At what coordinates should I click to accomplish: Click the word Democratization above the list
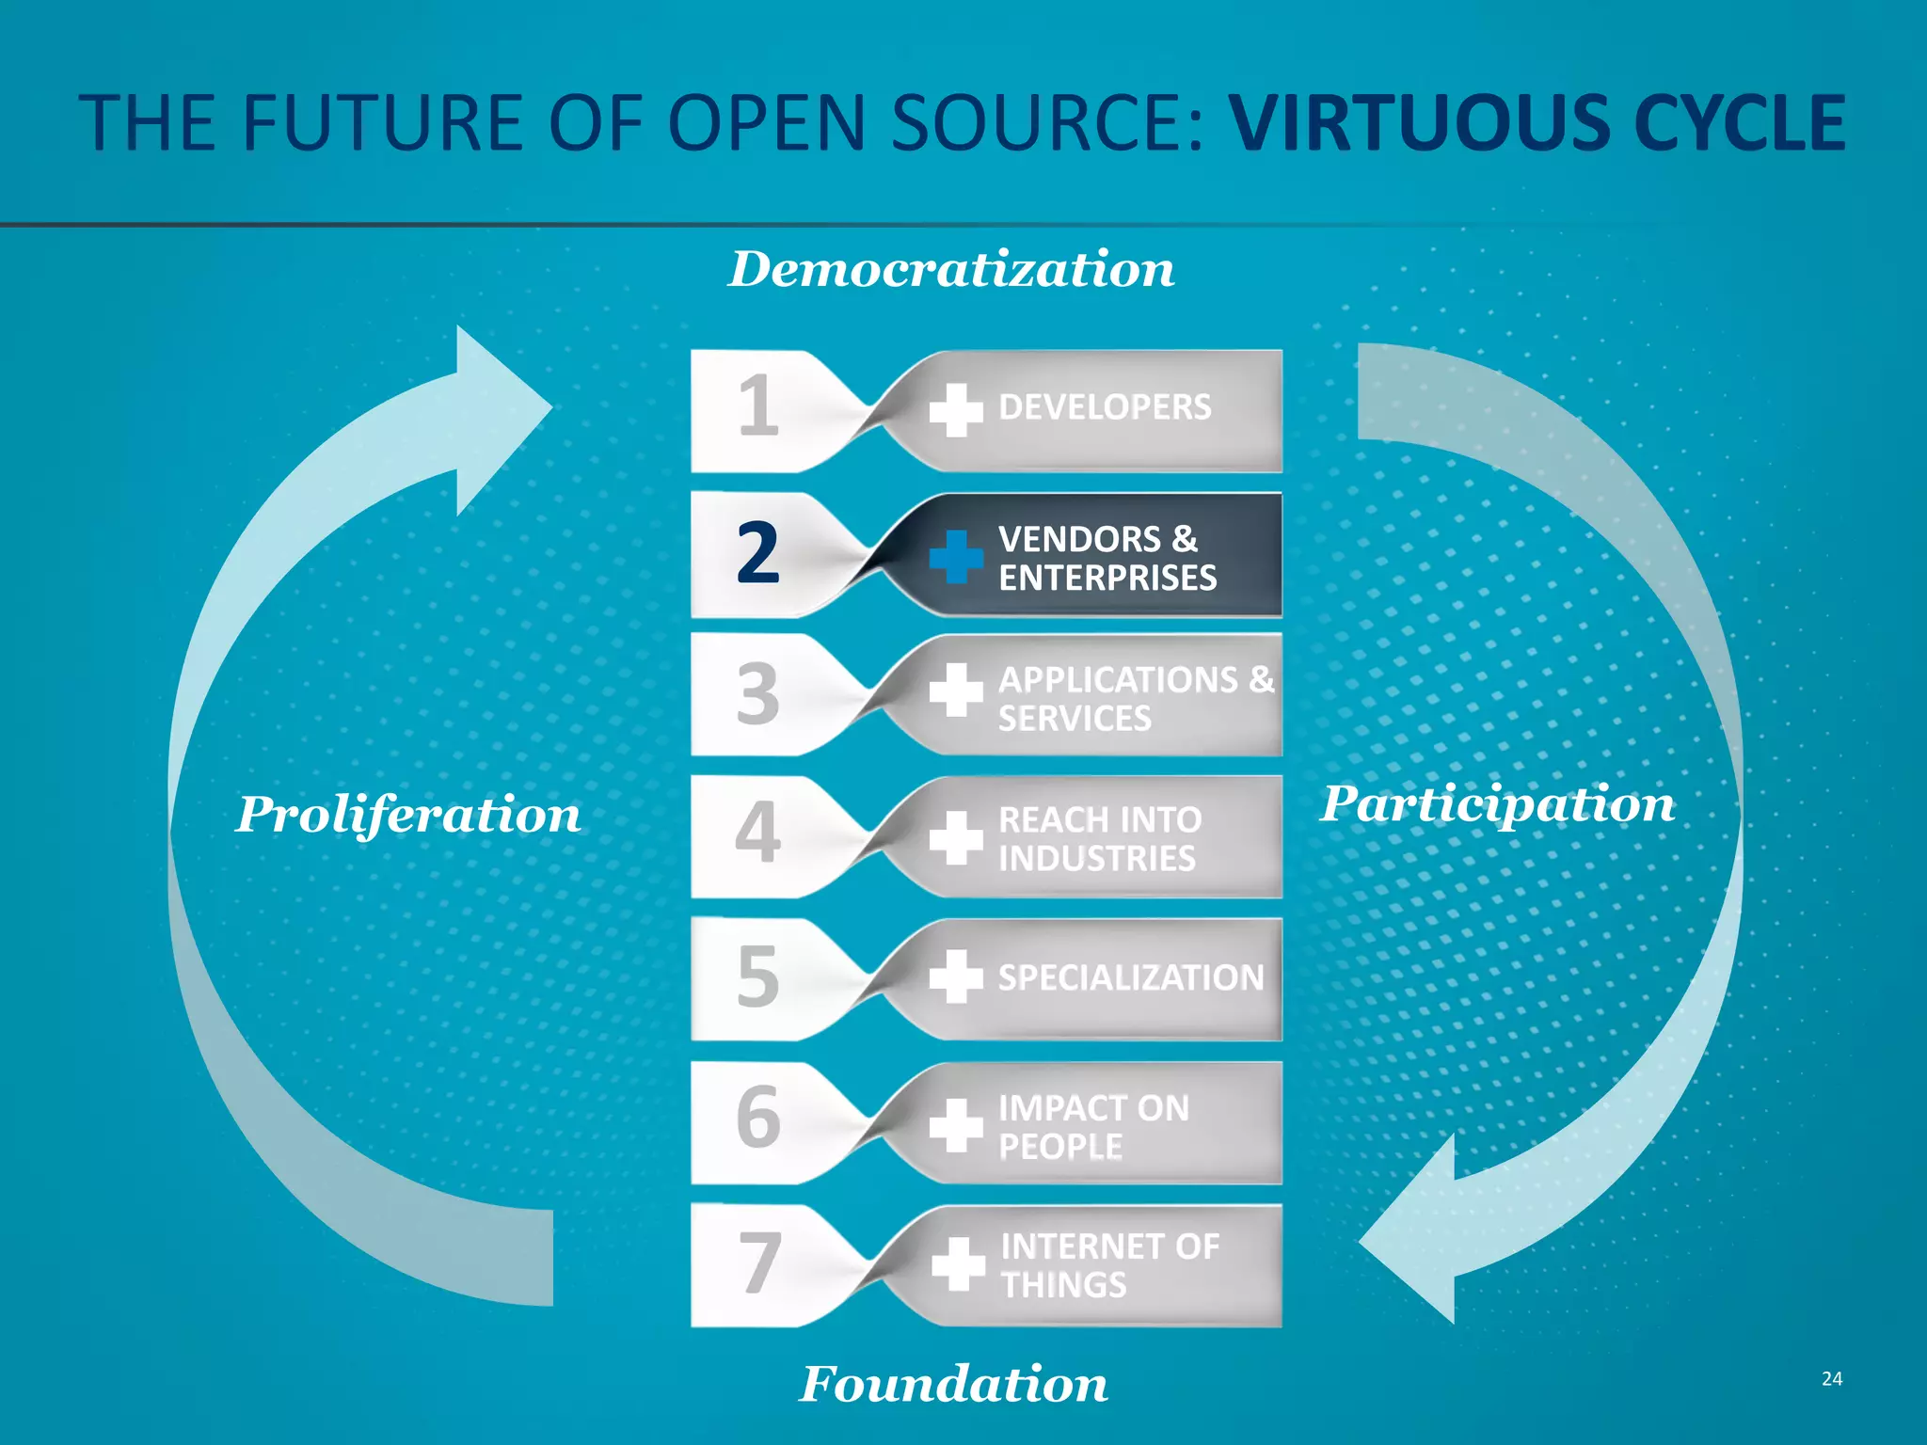pos(951,270)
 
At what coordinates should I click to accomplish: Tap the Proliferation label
pos(408,814)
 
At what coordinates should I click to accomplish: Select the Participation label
pos(1497,804)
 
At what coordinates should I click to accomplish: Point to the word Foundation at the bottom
pos(953,1384)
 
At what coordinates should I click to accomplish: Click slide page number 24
pos(1831,1379)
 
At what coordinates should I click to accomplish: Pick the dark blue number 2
pos(758,553)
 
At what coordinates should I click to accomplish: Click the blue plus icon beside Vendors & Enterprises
pos(956,556)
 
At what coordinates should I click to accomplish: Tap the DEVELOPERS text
pos(1105,407)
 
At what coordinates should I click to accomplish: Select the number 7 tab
pos(759,1263)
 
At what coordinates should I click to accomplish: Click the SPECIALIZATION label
pos(1130,978)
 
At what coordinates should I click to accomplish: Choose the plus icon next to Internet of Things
pos(958,1263)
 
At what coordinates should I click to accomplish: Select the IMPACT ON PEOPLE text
pos(1092,1127)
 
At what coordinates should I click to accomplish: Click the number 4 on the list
pos(758,833)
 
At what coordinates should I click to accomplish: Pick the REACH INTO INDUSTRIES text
pos(1099,839)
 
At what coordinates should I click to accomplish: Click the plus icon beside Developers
pos(956,410)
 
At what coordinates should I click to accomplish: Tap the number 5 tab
pos(758,977)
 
